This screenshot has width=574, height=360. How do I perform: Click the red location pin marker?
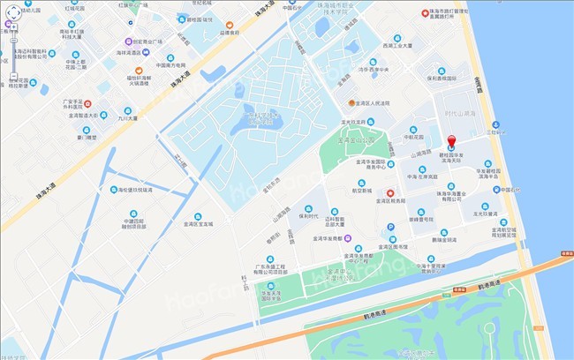[451, 142]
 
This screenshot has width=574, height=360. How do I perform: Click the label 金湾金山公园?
[358, 139]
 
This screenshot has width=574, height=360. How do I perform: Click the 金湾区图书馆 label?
[394, 247]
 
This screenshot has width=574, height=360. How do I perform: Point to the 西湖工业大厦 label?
[397, 43]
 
